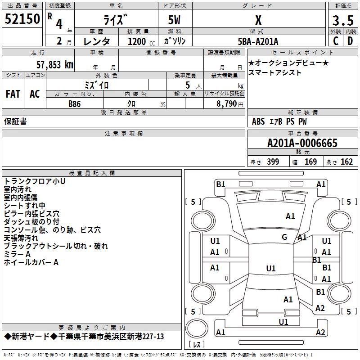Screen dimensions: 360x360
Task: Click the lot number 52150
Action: point(22,19)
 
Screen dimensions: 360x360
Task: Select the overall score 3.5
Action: point(343,20)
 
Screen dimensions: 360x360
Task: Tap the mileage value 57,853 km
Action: point(55,65)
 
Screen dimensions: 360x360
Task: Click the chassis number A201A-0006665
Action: point(302,143)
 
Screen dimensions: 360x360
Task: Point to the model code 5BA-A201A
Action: point(258,41)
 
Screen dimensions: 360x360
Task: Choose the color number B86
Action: point(75,104)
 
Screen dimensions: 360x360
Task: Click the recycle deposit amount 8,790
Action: point(227,104)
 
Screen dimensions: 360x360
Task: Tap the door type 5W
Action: point(174,20)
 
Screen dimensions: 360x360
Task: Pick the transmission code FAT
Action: point(13,94)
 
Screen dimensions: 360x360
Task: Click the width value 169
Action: point(310,162)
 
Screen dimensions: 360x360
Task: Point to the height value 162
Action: point(346,162)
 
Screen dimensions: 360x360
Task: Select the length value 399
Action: point(273,162)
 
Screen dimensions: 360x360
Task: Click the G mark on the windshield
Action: point(284,237)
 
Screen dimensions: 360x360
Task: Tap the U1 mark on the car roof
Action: point(271,268)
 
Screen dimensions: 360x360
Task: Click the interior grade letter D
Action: point(350,41)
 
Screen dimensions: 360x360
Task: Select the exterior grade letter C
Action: point(336,41)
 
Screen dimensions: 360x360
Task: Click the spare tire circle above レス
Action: point(197,328)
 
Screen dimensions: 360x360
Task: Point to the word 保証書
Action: point(15,121)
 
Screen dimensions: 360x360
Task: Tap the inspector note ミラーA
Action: point(17,254)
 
